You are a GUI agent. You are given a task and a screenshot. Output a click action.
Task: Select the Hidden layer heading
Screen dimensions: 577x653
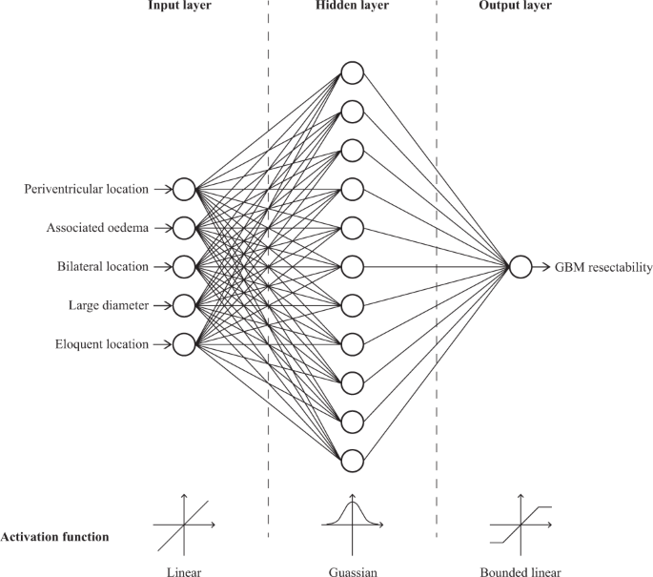(351, 7)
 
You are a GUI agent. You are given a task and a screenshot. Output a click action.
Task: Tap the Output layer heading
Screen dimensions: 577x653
(520, 7)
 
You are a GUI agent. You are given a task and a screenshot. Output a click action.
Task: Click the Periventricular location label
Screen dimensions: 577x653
(86, 190)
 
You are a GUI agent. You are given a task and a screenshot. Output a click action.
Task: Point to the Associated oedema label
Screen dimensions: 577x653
(97, 228)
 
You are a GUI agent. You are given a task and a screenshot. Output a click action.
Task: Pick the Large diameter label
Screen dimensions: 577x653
(109, 305)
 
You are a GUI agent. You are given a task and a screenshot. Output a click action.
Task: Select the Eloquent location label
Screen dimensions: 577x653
(102, 343)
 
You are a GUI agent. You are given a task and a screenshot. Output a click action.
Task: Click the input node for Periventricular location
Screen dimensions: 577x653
(184, 190)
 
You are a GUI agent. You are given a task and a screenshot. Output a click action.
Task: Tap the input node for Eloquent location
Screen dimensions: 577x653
(184, 343)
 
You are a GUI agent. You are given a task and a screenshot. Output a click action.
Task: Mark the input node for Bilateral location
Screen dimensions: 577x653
(184, 266)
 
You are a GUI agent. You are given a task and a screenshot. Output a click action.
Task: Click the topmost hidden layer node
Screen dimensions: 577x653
(352, 73)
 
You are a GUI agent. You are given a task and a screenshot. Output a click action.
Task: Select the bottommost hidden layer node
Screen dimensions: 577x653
(352, 461)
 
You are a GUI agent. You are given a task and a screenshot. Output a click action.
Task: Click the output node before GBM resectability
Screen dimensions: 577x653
(520, 267)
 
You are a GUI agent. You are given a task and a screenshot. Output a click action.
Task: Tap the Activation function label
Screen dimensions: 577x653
(54, 537)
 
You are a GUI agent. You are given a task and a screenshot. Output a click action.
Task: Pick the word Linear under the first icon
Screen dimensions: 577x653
(183, 570)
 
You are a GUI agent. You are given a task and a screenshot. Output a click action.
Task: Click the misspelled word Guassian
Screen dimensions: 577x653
(352, 570)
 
